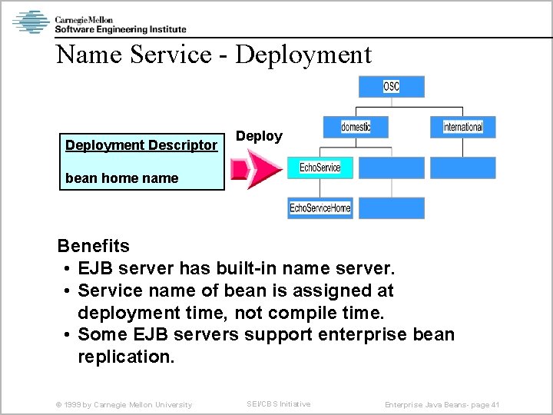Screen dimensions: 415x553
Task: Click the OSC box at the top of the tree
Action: [x=392, y=87]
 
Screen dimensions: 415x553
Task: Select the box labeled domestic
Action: [x=355, y=127]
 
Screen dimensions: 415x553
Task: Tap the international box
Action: [x=463, y=127]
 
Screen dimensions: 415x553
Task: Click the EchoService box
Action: [x=320, y=168]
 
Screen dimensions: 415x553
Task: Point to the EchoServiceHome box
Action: [x=320, y=208]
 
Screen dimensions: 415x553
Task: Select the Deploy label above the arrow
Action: [x=259, y=136]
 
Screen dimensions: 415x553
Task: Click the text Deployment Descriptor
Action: [x=141, y=144]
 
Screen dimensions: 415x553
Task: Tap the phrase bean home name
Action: [x=121, y=178]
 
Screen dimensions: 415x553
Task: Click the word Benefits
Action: [x=94, y=246]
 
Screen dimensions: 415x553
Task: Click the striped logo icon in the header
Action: [x=31, y=22]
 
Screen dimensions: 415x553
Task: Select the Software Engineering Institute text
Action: [x=121, y=29]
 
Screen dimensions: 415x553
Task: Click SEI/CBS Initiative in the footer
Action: [x=278, y=403]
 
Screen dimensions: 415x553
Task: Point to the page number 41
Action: [x=494, y=404]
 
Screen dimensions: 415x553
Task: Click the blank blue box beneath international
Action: [x=463, y=168]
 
